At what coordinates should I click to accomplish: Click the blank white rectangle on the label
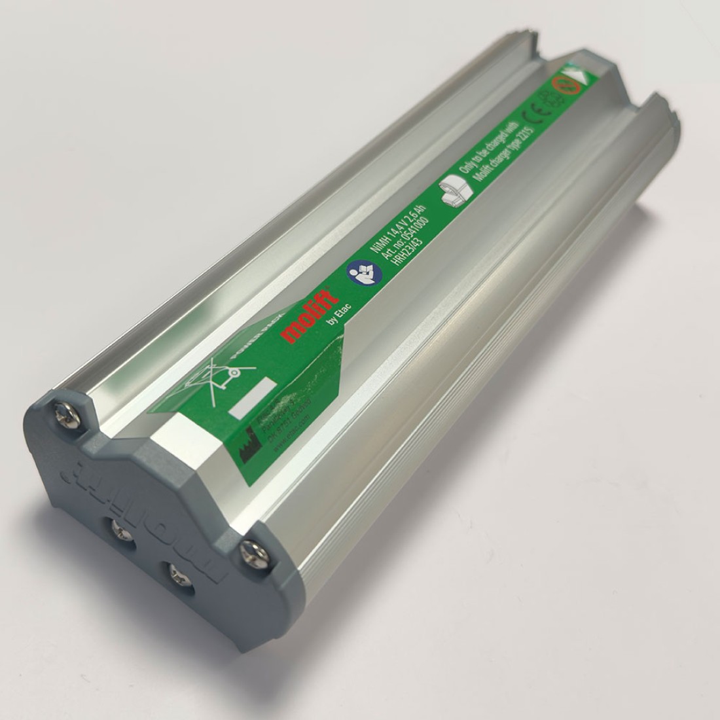pyautogui.click(x=252, y=398)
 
